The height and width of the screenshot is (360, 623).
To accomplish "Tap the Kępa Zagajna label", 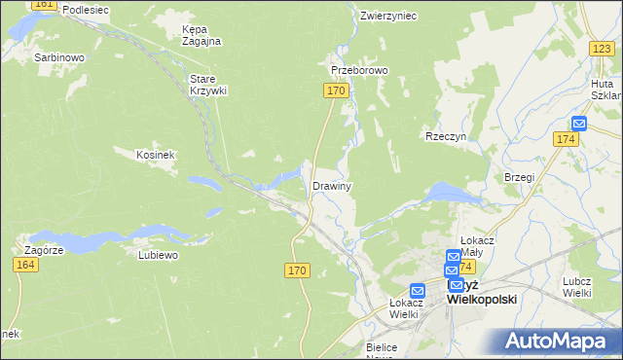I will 202,35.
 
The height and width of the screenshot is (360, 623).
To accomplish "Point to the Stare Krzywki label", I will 207,84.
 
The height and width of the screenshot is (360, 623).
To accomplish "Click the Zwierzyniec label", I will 387,16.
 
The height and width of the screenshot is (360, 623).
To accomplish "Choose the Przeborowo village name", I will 359,71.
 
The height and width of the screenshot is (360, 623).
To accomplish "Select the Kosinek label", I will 155,155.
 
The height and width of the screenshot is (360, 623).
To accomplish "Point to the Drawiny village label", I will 331,185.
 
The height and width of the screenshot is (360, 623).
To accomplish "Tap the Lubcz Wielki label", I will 577,287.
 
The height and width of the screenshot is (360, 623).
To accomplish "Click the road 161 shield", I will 43,5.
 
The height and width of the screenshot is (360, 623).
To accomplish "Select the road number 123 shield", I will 601,49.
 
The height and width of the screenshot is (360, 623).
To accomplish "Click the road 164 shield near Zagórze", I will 27,265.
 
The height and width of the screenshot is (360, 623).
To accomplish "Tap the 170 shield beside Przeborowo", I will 335,90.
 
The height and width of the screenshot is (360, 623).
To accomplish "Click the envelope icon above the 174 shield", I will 579,124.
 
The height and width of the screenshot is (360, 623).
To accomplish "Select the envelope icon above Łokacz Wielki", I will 418,290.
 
